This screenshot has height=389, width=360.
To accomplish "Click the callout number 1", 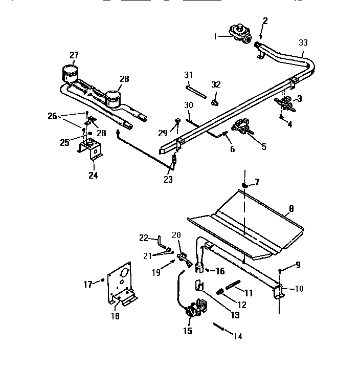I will click(x=216, y=36).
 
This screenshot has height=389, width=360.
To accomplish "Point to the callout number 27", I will click(x=75, y=56).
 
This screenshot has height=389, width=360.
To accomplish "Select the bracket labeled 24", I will click(x=91, y=150).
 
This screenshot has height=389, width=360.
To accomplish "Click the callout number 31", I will click(x=188, y=75).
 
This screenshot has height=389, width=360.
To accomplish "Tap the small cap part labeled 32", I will click(x=215, y=102).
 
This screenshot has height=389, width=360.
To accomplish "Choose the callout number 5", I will click(x=263, y=146).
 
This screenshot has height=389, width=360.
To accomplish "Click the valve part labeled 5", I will click(x=242, y=127).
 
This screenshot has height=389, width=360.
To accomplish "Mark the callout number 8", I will click(x=291, y=208).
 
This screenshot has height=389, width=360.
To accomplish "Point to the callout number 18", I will click(x=116, y=317).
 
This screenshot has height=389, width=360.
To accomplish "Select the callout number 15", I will click(x=188, y=331).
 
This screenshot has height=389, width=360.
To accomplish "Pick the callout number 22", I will click(x=145, y=237).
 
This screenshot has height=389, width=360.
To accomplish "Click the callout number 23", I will click(x=168, y=179).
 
